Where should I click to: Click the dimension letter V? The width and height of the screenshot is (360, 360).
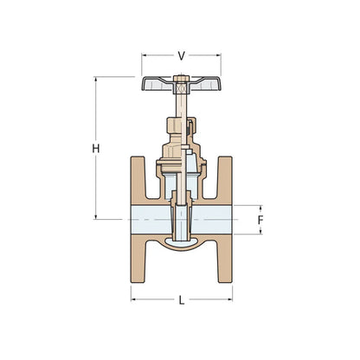click(181, 55)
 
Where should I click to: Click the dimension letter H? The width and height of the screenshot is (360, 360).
click(96, 149)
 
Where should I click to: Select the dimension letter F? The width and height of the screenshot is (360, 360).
click(260, 221)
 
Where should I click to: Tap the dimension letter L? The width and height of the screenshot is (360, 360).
click(181, 300)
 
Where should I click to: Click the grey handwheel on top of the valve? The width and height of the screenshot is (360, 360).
click(156, 86)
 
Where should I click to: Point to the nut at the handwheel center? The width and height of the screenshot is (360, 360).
click(181, 85)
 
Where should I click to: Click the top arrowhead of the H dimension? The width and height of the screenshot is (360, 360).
click(96, 80)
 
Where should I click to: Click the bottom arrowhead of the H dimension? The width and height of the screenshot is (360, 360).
click(96, 218)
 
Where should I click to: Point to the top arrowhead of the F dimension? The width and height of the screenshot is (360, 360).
click(260, 208)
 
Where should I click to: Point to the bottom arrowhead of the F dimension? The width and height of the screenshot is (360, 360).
click(260, 235)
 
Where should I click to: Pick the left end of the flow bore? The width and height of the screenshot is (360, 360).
click(133, 222)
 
